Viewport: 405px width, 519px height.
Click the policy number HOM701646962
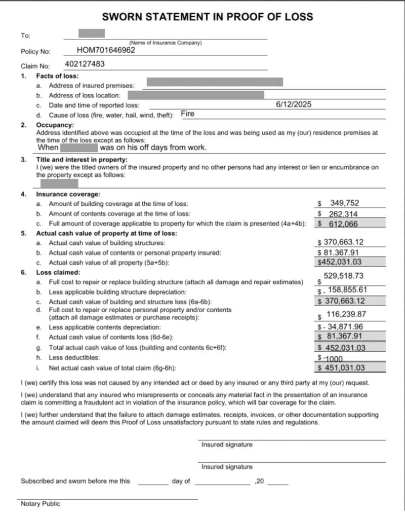click(x=106, y=50)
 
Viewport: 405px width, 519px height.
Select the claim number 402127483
click(x=85, y=64)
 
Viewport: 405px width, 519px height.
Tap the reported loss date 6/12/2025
click(x=294, y=104)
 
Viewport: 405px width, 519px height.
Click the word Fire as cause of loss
click(x=187, y=114)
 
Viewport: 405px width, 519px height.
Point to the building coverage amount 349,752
click(x=344, y=203)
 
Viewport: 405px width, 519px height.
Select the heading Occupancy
click(x=55, y=125)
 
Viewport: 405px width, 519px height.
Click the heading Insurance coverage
click(x=68, y=194)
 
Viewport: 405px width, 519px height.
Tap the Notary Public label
click(x=40, y=504)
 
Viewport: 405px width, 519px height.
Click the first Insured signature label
click(x=227, y=444)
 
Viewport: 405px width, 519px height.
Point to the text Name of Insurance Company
click(x=166, y=43)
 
